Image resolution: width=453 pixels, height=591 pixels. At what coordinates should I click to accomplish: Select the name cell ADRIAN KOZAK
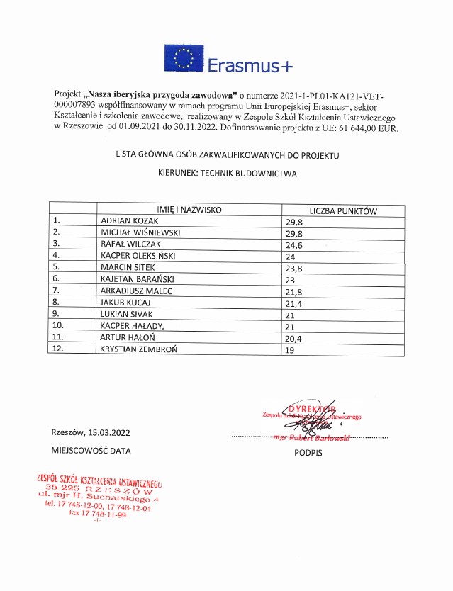127,220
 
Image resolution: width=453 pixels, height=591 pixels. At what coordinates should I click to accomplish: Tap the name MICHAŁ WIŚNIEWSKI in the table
141,232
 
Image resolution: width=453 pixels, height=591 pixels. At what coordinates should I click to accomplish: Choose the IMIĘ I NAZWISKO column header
189,210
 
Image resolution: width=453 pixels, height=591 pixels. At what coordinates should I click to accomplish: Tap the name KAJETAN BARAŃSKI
138,278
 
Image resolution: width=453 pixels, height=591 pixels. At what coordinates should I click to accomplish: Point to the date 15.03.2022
109,432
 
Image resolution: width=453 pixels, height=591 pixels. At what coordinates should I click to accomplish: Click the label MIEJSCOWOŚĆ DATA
91,450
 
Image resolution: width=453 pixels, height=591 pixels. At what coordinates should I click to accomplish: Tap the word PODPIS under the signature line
308,452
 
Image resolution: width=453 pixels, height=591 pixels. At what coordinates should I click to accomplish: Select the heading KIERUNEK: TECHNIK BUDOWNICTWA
227,172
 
